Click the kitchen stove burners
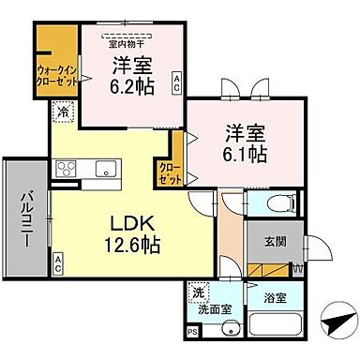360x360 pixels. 67,169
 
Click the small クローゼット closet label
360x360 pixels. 171,172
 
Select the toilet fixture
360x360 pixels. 281,203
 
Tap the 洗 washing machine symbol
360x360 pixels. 198,292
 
